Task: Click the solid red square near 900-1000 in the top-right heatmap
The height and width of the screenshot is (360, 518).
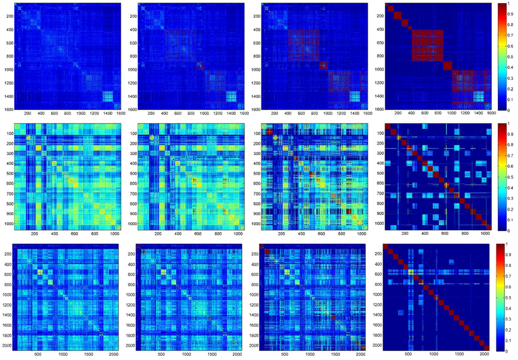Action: click(447, 67)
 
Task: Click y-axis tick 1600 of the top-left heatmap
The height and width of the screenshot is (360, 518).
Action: click(8, 109)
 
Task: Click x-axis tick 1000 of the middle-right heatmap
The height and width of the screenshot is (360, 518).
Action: click(486, 234)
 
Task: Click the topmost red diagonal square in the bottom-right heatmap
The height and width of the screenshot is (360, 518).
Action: click(386, 247)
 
